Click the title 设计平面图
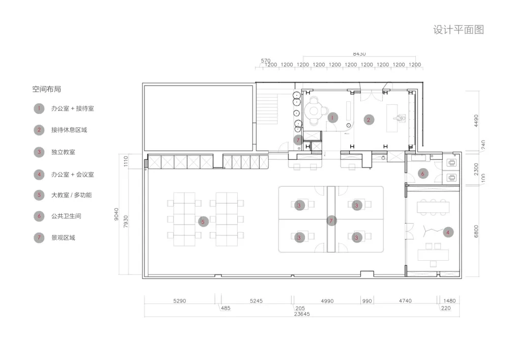(459, 30)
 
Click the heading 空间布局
(46, 89)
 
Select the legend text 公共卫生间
(66, 216)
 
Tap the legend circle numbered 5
(39, 195)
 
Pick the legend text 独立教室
(63, 152)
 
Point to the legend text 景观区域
(63, 238)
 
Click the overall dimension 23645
(302, 314)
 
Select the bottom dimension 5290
(180, 301)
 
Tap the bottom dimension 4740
(405, 301)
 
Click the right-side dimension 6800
(476, 231)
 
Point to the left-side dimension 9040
(116, 214)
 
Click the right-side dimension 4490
(476, 121)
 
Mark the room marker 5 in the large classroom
(203, 222)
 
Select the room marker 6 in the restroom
(422, 174)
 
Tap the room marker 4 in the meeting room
(448, 232)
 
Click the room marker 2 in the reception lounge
(369, 120)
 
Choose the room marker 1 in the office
(332, 118)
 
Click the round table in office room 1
(314, 110)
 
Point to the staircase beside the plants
(267, 109)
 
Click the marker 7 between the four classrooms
(331, 221)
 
